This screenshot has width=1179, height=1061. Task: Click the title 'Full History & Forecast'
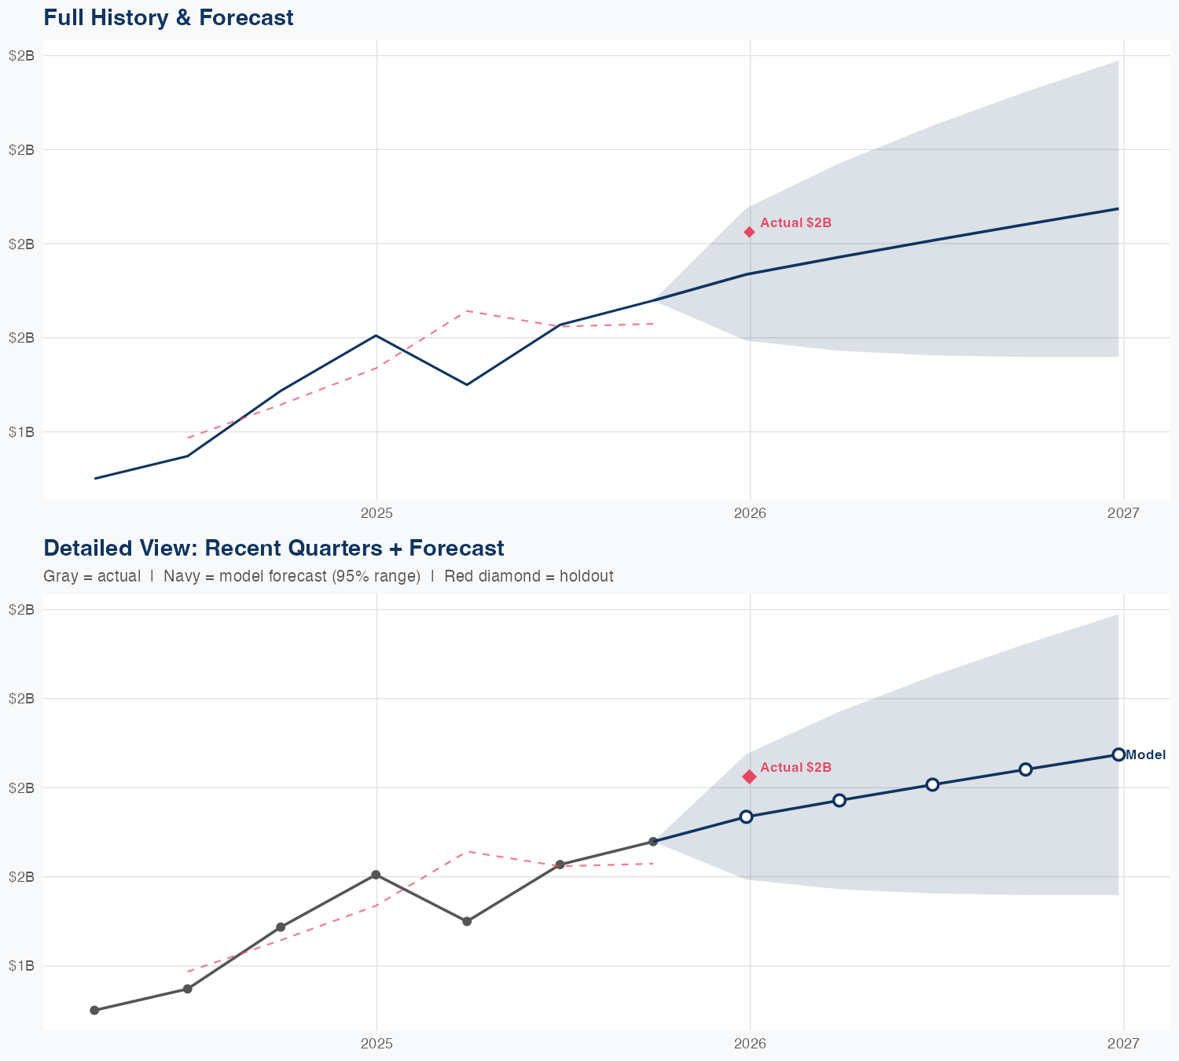click(168, 17)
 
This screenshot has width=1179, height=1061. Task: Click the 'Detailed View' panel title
click(274, 548)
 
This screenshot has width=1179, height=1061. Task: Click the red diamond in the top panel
click(750, 232)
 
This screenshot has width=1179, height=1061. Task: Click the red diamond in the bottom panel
click(750, 776)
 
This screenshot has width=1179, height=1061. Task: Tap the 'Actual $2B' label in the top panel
click(795, 223)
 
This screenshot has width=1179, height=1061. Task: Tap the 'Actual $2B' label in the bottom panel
click(795, 768)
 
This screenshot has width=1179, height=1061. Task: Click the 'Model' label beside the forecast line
click(1145, 755)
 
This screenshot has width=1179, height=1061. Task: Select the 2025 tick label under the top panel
click(376, 514)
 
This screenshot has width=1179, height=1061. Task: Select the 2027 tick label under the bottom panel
click(1123, 1044)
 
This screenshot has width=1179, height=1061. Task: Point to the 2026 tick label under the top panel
click(750, 514)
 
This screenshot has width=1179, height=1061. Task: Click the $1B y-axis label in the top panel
click(21, 432)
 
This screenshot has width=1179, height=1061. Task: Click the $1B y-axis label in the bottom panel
click(21, 966)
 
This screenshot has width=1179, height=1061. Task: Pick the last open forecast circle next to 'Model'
click(1118, 754)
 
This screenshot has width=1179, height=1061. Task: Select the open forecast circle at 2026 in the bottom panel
click(747, 817)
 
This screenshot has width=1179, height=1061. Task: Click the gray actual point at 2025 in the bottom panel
click(376, 875)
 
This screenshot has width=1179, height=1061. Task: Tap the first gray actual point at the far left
click(94, 1010)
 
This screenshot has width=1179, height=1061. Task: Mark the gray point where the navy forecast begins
click(653, 842)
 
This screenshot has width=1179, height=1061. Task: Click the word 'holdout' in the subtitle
click(589, 576)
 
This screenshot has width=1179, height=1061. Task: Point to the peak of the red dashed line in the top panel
click(467, 310)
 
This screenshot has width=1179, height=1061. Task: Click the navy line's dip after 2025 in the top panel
click(467, 384)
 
